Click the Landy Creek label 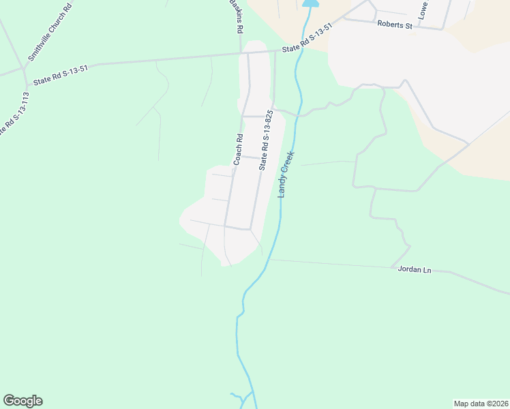click(x=285, y=174)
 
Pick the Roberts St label click(x=395, y=25)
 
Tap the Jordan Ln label click(x=415, y=270)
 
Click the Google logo click(x=22, y=401)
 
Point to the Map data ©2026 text click(x=481, y=404)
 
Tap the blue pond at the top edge click(x=310, y=3)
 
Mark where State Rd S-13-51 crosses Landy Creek click(x=298, y=50)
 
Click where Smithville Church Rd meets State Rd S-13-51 click(x=24, y=69)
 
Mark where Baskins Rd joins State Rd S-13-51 click(x=240, y=52)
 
